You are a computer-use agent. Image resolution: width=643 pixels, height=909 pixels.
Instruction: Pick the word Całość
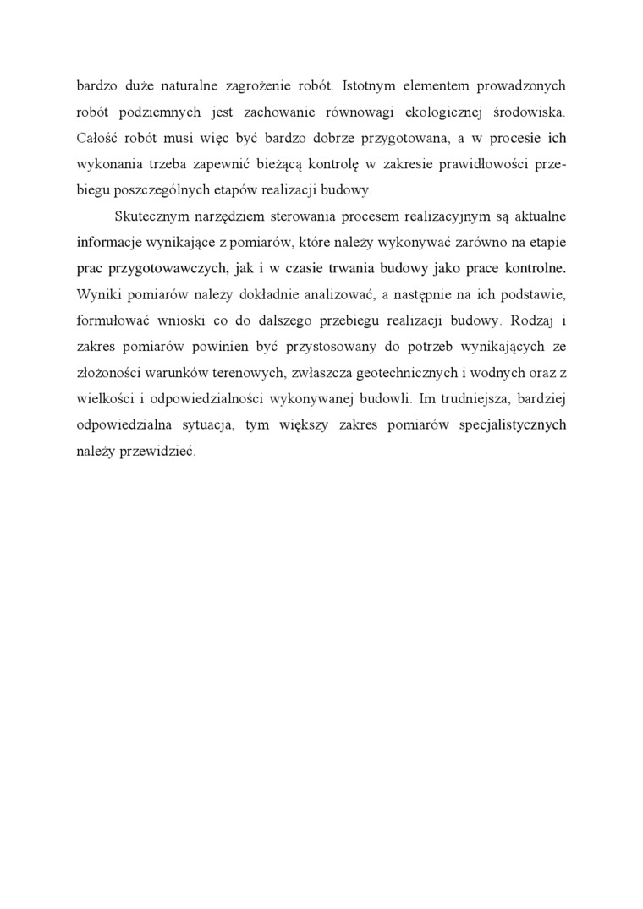click(96, 139)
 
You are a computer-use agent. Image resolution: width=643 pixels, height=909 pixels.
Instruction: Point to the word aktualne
click(538, 218)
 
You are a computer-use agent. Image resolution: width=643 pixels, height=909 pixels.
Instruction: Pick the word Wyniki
click(96, 297)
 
